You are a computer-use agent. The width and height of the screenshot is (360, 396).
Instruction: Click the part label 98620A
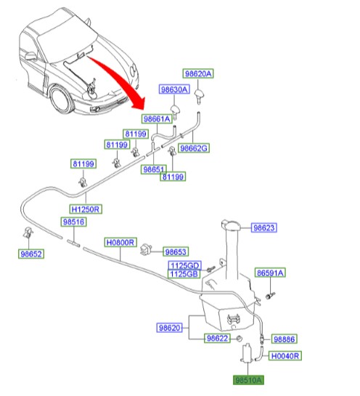coord(198,74)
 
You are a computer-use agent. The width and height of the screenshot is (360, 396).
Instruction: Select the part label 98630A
coord(174,89)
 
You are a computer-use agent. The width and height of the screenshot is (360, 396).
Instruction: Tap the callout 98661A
coord(157,119)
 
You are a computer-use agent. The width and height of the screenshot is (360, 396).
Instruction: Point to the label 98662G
coord(194,148)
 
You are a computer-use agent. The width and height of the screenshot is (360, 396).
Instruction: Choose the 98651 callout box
coord(155,169)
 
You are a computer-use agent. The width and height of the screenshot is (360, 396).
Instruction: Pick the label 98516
coord(73,222)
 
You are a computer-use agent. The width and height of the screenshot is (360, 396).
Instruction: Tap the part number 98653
coord(176,249)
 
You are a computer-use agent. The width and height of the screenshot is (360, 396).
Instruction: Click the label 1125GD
coord(184,265)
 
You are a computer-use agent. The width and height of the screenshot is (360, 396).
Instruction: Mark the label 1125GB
coord(184,274)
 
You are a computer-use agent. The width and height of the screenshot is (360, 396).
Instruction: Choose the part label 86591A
coord(270,273)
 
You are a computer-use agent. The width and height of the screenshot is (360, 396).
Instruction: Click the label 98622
coord(218,339)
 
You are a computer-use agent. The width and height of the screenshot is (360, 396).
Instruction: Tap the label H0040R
coord(285,356)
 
